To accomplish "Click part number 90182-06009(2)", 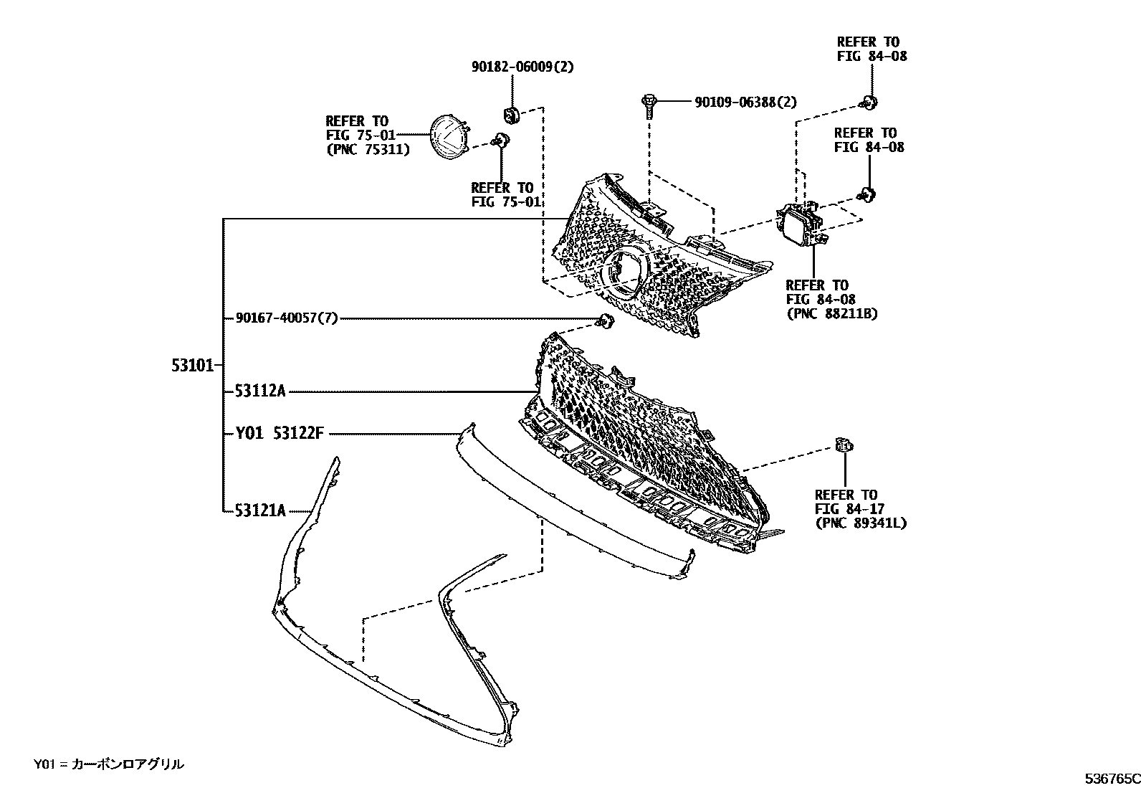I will pos(512,67).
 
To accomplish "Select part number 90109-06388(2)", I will pos(745,103).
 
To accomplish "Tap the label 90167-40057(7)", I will pos(286,318).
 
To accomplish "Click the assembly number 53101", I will pos(192,366).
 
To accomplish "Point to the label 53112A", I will pos(260,391).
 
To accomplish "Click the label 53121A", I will pos(260,511).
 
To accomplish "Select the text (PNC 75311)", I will pos(367,150).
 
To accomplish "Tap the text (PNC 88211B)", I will pos(831,313).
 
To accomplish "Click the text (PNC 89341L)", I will pos(860,523).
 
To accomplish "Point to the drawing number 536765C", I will pos(1111,778).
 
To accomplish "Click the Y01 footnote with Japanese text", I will pos(108,764).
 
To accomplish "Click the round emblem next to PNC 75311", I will pos(447,136).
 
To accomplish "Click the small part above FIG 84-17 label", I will pos(844,446).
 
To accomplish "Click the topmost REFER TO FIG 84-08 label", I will pos(872,49).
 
